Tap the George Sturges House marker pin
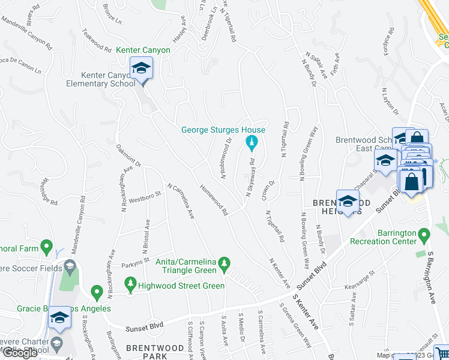[252, 143]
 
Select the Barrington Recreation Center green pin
[424, 233]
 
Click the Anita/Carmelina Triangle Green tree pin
[224, 263]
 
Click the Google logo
[20, 353]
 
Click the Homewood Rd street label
[214, 200]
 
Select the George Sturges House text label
[223, 130]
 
